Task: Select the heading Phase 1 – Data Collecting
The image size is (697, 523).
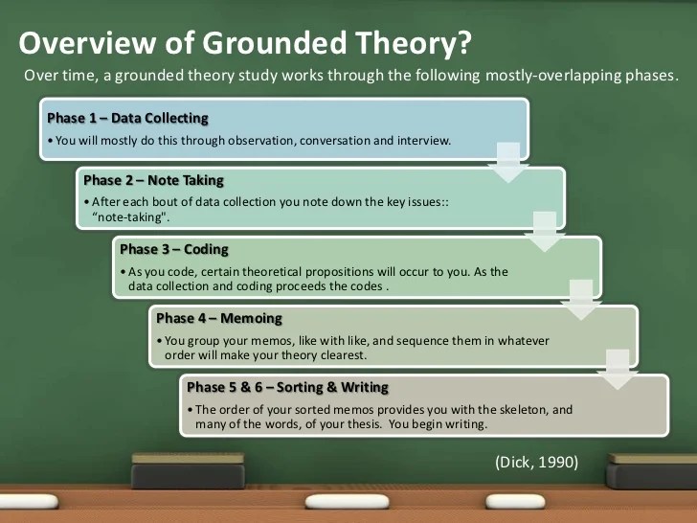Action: (x=127, y=118)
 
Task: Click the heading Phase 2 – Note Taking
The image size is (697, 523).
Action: (x=153, y=179)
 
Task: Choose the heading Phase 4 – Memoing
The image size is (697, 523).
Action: (x=219, y=318)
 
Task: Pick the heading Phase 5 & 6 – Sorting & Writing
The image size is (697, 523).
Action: (x=287, y=387)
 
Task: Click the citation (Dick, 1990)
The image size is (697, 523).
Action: (x=536, y=462)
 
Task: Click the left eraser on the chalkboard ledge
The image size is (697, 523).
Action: (x=174, y=471)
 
